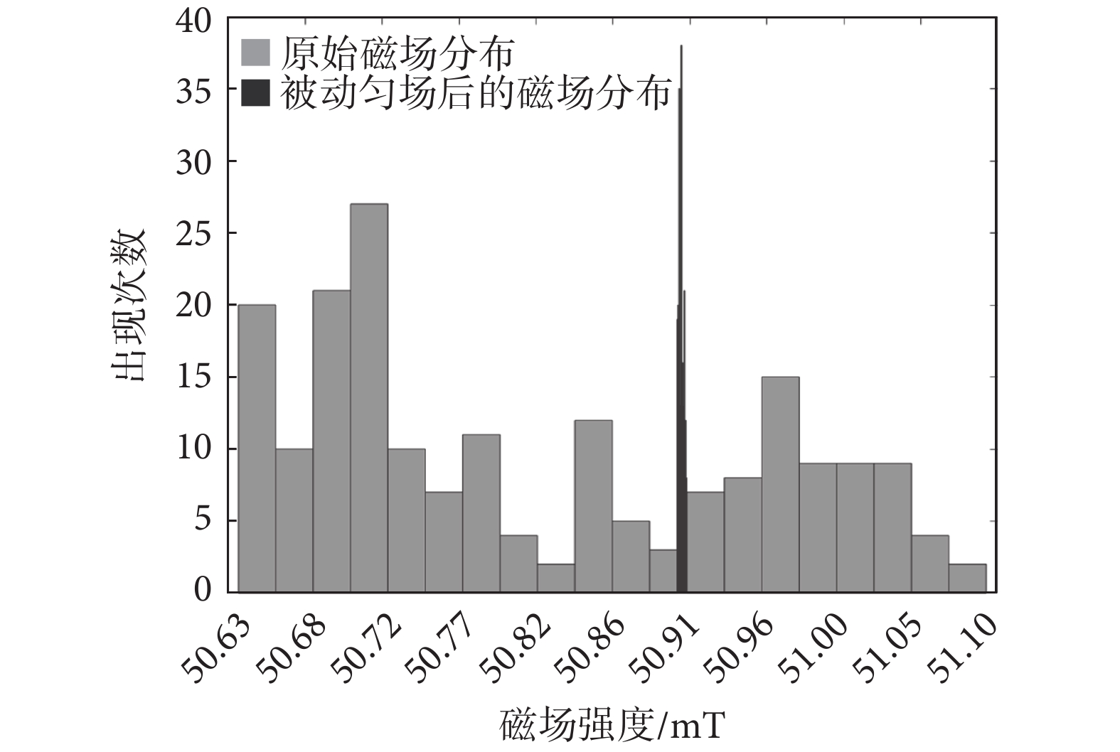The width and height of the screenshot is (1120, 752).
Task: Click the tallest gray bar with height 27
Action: tap(369, 398)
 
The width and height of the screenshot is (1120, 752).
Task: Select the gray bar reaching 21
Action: tap(331, 441)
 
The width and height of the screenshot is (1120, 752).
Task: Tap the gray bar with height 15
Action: tap(780, 484)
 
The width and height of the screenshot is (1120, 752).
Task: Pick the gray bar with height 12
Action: tap(593, 506)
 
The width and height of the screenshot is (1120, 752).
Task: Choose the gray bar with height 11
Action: tap(481, 513)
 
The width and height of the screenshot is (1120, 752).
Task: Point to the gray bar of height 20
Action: tap(257, 448)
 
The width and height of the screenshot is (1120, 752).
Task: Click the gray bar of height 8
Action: tap(742, 535)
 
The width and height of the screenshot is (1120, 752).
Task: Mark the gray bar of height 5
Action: tap(631, 556)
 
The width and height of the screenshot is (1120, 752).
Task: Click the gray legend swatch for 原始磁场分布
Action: tap(256, 53)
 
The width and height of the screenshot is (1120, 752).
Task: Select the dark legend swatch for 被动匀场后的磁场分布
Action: tap(256, 93)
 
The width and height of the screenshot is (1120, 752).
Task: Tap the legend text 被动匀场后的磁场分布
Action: tap(475, 93)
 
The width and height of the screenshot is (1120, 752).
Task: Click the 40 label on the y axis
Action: tap(194, 21)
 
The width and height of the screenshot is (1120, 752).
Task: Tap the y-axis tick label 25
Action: tap(194, 234)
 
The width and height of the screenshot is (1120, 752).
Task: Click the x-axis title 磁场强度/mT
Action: tap(612, 726)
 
